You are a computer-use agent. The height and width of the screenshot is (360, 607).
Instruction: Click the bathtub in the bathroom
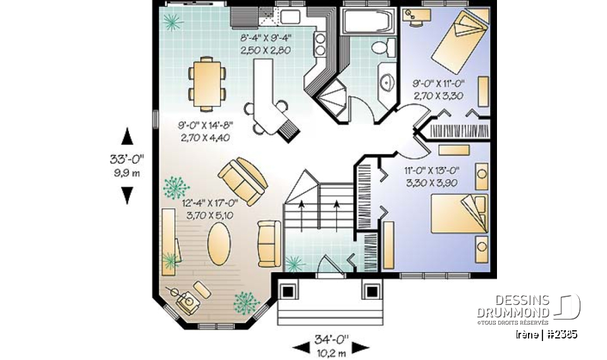(367, 22)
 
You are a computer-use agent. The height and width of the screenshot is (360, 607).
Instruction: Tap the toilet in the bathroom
(381, 47)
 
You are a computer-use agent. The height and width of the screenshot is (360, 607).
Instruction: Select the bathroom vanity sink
(386, 81)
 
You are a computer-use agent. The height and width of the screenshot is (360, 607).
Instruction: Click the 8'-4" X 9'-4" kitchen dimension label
(266, 44)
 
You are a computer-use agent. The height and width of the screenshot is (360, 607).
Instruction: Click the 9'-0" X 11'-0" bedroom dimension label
(439, 88)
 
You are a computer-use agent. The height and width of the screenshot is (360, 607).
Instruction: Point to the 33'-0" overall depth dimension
(127, 165)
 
